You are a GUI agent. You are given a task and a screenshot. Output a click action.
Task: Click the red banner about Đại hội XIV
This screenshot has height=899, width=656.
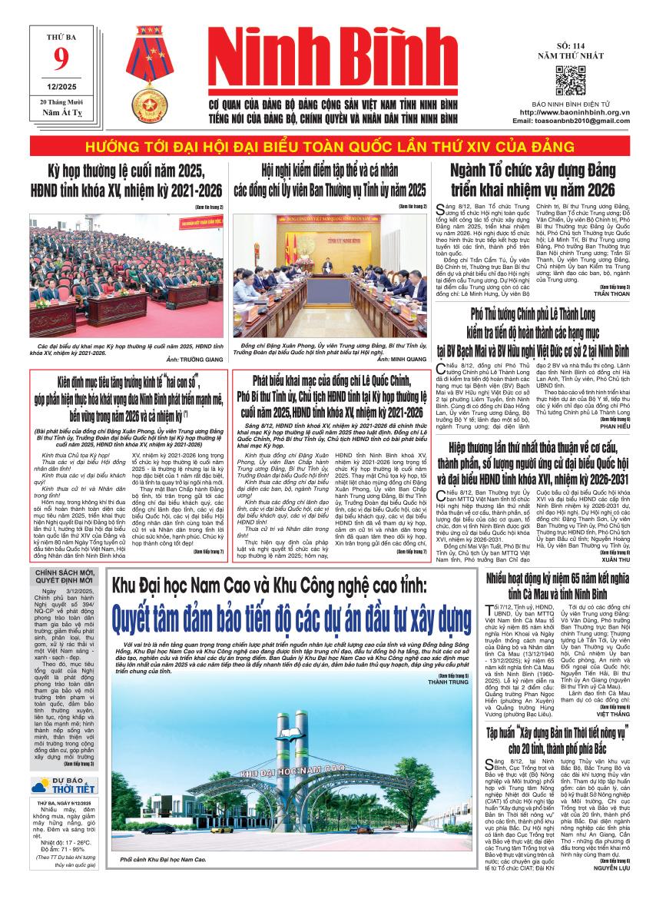click(328, 147)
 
